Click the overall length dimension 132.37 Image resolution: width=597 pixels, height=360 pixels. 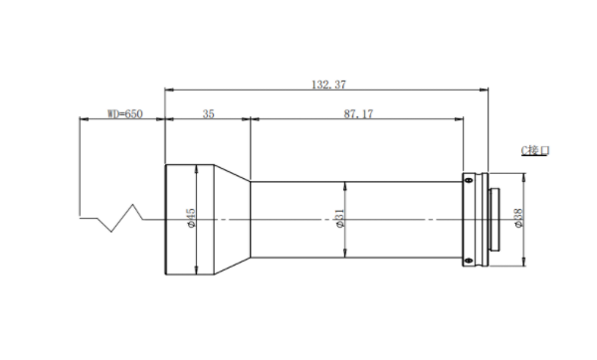pyautogui.click(x=329, y=85)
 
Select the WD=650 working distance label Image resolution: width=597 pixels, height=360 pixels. pyautogui.click(x=125, y=113)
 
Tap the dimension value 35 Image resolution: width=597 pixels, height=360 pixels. pyautogui.click(x=208, y=113)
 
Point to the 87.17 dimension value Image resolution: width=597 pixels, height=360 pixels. pyautogui.click(x=358, y=113)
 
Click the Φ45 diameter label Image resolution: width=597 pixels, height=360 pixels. pyautogui.click(x=191, y=218)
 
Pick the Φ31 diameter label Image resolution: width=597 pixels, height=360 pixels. pyautogui.click(x=340, y=219)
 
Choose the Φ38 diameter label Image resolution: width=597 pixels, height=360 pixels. pyautogui.click(x=518, y=219)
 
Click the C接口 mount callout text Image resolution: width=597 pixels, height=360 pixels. pyautogui.click(x=535, y=151)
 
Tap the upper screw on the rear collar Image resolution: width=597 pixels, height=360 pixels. pyautogui.click(x=469, y=180)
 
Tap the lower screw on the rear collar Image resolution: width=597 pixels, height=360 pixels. pyautogui.click(x=469, y=261)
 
